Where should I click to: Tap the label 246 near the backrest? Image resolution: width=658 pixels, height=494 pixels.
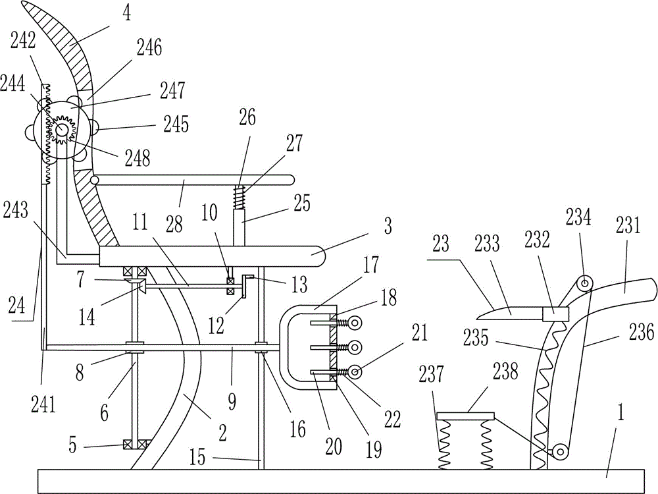[149, 47]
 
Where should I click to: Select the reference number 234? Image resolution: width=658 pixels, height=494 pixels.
[578, 217]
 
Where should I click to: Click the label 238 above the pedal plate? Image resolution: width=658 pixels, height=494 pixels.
[505, 370]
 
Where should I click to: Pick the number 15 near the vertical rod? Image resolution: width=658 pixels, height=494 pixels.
[197, 456]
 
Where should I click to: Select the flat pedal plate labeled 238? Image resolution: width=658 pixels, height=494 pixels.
[466, 416]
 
